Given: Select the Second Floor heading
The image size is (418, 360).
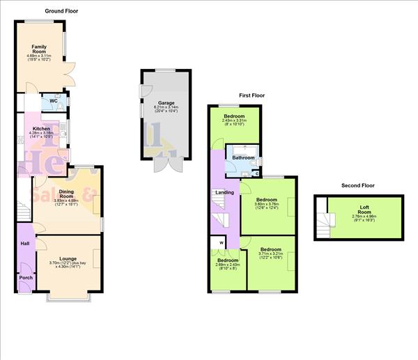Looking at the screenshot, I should click(358, 186).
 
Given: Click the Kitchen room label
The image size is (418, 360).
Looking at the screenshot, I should click(41, 130).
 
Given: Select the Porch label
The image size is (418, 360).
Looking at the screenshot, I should click(26, 279).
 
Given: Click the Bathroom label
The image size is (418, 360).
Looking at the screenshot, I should click(244, 158).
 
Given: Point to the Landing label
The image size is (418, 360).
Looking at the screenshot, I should click(224, 192).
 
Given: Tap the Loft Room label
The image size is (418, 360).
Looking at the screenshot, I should click(364, 208).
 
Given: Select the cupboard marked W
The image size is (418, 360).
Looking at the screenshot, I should click(222, 243).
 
